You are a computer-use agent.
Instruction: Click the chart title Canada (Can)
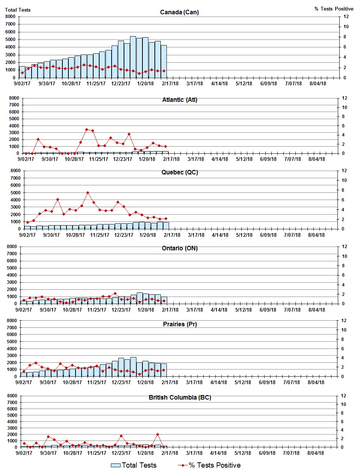click(x=179, y=12)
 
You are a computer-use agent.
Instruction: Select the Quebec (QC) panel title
click(x=180, y=172)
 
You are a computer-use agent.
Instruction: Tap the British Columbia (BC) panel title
click(x=180, y=397)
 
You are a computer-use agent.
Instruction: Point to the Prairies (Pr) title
click(x=180, y=324)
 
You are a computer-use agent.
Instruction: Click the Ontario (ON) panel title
click(x=180, y=248)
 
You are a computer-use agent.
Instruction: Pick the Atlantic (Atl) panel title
click(x=180, y=100)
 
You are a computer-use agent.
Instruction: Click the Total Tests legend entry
click(x=134, y=465)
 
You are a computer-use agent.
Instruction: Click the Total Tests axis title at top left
click(x=18, y=10)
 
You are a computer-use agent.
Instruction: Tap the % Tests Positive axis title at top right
click(x=334, y=9)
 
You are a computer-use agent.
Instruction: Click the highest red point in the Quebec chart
click(x=88, y=193)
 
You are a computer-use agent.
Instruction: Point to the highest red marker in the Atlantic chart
click(x=86, y=129)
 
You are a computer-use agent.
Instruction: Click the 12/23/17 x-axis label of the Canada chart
click(x=121, y=83)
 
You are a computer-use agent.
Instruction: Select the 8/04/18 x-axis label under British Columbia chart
click(x=316, y=453)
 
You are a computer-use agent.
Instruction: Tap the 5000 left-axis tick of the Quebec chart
click(x=15, y=192)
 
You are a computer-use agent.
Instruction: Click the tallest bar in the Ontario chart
click(x=139, y=298)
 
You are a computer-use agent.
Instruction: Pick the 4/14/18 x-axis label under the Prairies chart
click(x=218, y=382)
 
